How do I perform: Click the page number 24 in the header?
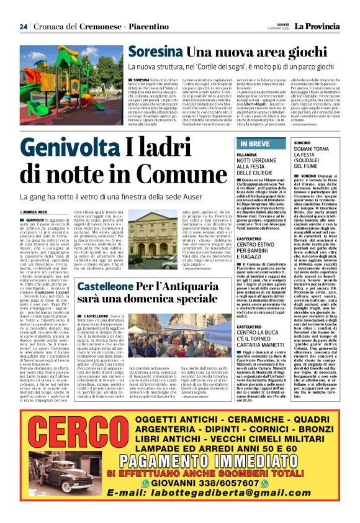click(x=24, y=26)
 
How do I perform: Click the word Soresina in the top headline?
click(x=150, y=52)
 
